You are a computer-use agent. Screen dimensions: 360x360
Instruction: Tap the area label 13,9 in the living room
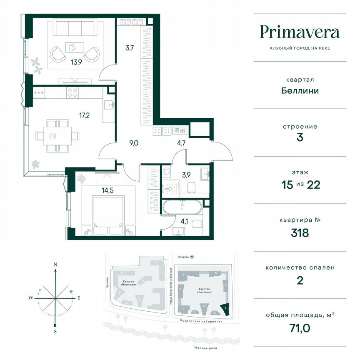(x=76, y=64)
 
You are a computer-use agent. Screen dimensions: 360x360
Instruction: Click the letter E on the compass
(x=79, y=298)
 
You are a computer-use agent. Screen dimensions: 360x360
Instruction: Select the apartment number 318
(x=300, y=232)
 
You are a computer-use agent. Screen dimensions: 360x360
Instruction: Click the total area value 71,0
(x=300, y=329)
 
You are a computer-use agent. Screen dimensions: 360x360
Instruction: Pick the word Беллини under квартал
(x=300, y=90)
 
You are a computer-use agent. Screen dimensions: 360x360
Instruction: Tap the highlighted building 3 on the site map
(x=225, y=309)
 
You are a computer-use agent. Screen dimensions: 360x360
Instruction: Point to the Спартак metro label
(x=183, y=257)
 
